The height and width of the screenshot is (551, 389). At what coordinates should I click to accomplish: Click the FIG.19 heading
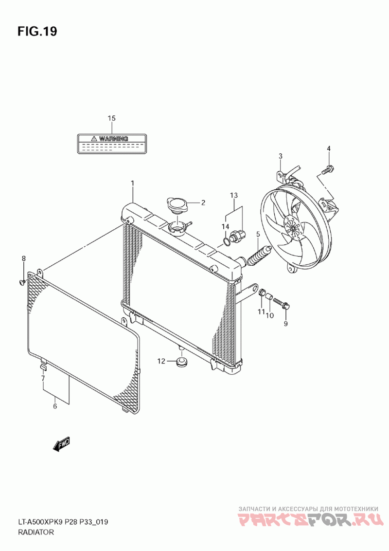37,32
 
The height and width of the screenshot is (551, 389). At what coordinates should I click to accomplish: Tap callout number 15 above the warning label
112,118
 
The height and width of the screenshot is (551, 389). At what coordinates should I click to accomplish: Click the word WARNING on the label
113,139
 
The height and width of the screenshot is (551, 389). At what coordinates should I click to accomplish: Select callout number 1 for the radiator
132,183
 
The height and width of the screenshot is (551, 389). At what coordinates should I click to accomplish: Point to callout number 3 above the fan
281,156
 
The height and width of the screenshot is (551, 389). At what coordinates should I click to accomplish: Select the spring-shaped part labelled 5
258,256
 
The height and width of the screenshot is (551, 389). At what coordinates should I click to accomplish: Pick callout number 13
234,195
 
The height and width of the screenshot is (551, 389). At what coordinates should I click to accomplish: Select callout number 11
261,312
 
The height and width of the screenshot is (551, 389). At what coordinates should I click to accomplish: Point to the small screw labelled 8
22,281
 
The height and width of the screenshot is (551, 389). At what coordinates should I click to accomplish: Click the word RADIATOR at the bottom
36,533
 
